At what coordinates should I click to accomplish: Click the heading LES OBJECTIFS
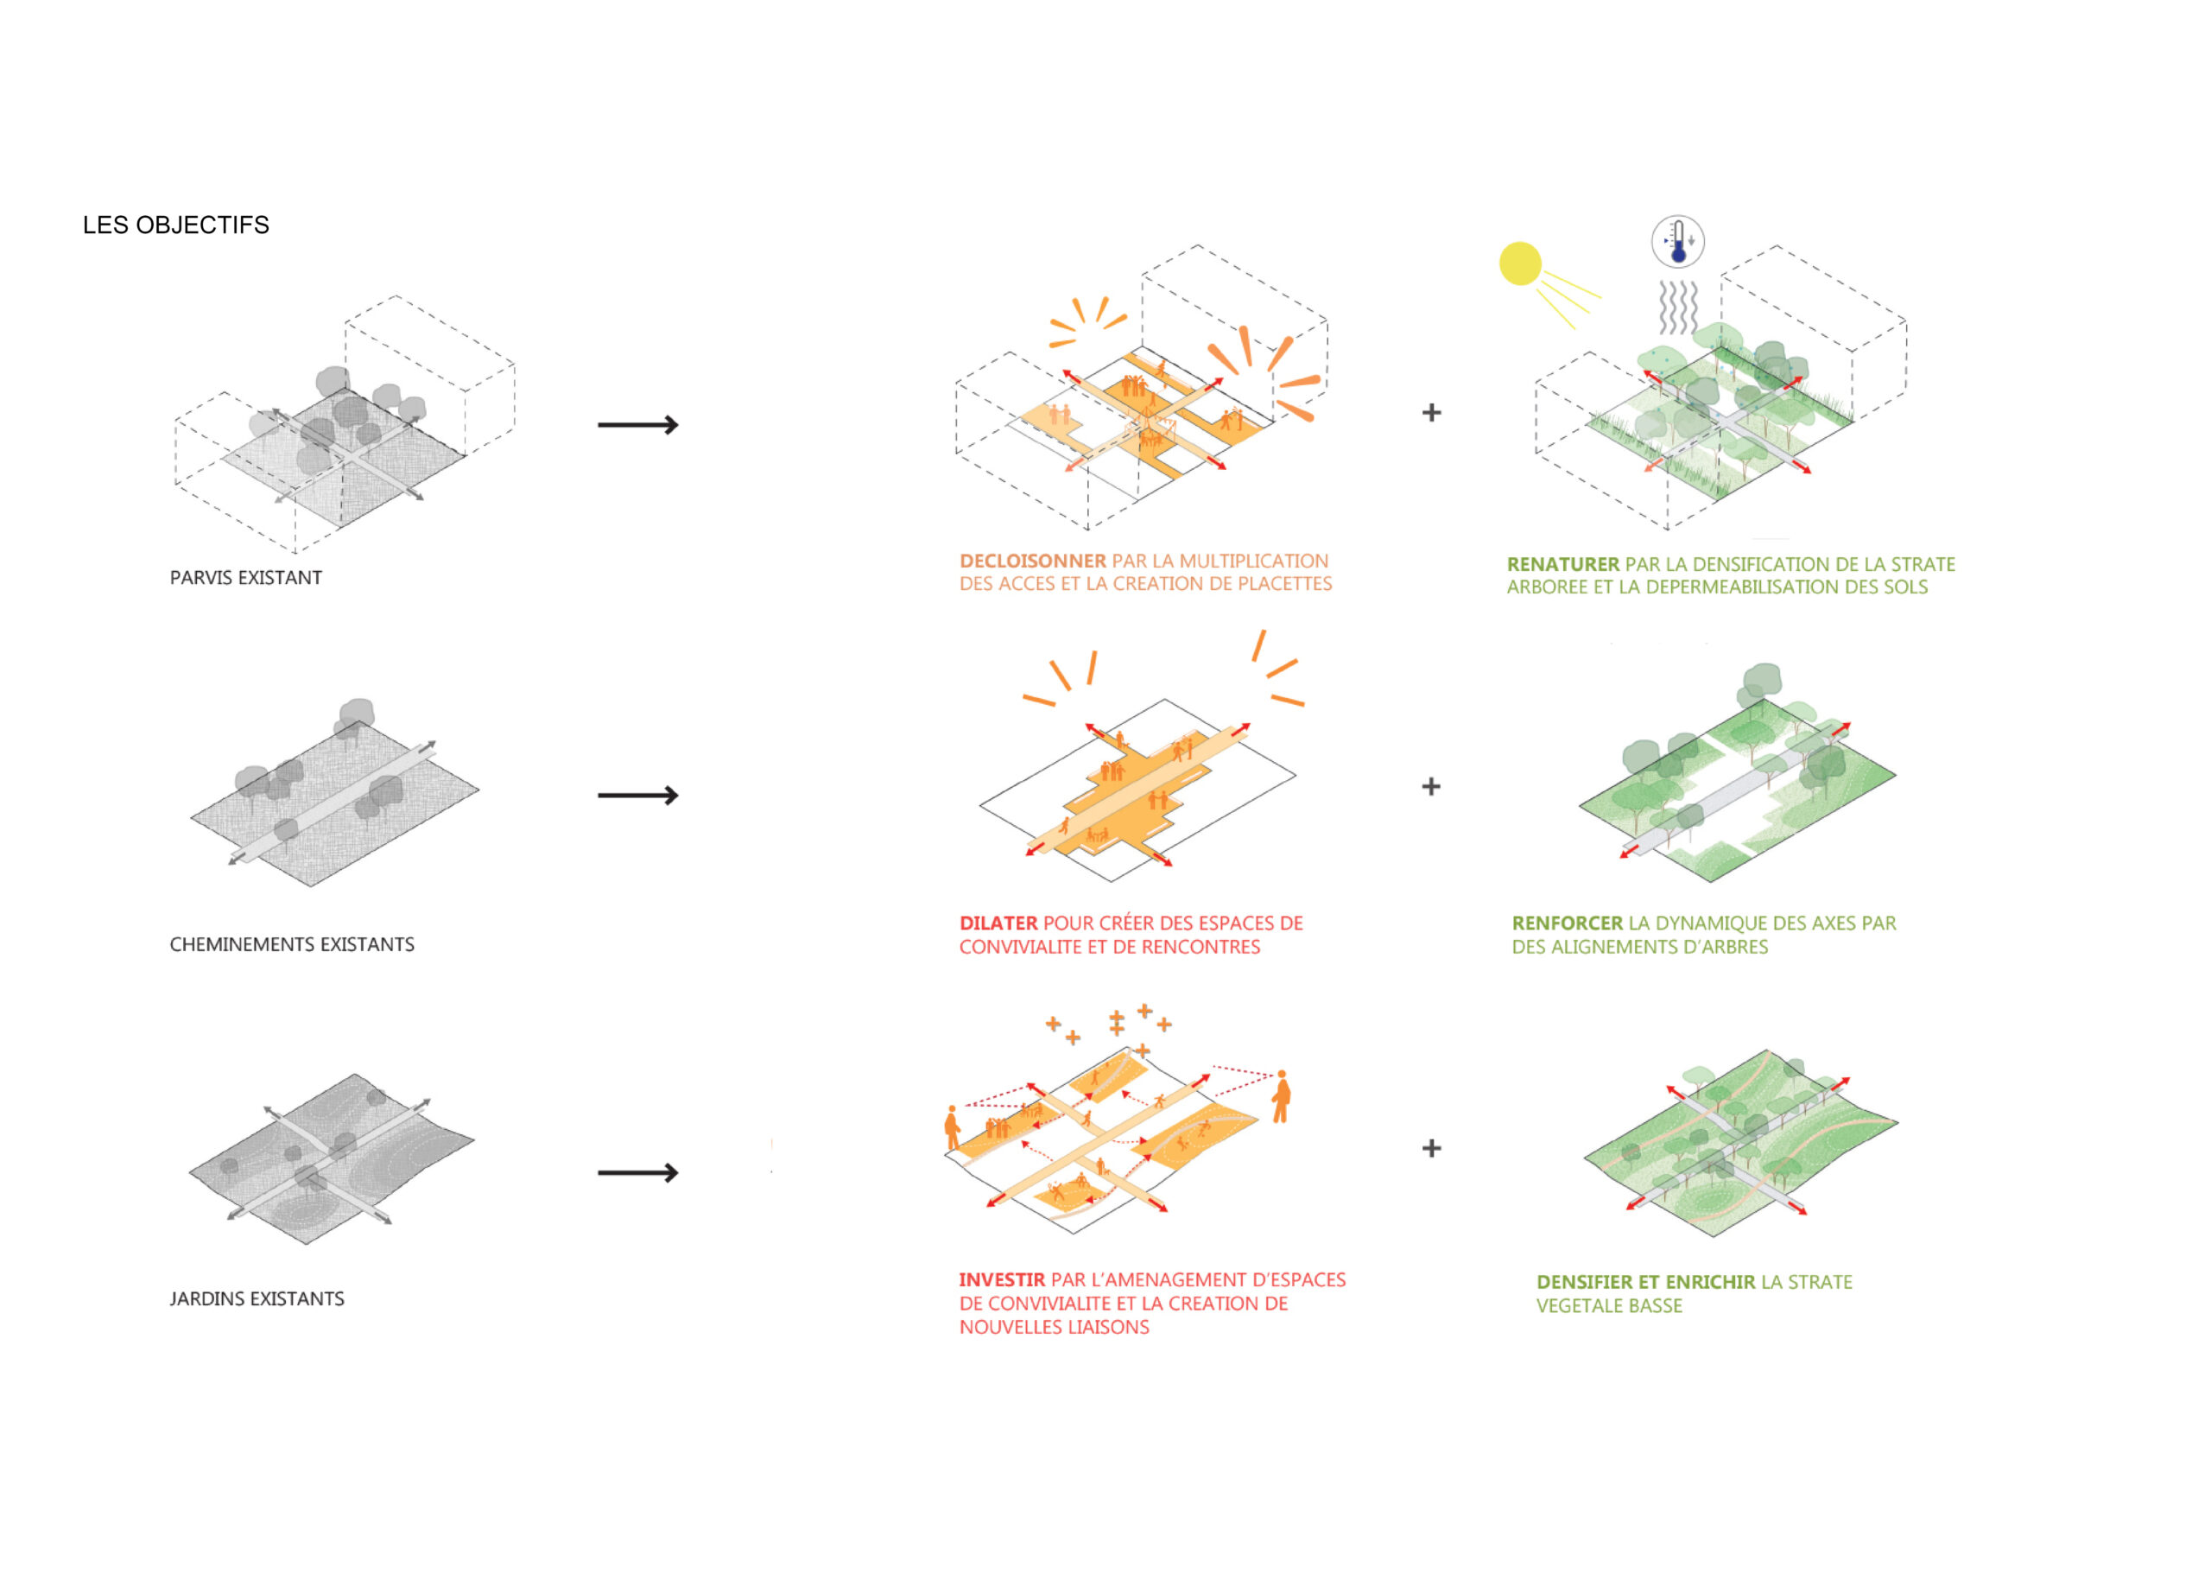coord(176,225)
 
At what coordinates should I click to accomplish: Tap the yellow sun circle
coord(1520,263)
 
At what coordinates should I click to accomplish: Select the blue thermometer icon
coord(1678,241)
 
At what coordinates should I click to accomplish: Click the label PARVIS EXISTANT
coord(246,578)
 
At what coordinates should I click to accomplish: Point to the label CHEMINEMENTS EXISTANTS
coord(292,945)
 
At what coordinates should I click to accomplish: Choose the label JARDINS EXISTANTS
coord(257,1299)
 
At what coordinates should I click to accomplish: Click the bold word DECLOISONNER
coord(1033,562)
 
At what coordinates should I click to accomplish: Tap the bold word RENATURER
coord(1563,564)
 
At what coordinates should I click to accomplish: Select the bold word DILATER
coord(999,923)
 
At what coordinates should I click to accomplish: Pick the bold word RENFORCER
coord(1567,923)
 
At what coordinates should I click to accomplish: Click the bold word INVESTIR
coord(1002,1280)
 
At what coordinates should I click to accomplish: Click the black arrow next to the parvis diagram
coord(638,425)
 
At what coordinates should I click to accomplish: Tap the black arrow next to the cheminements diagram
coord(638,796)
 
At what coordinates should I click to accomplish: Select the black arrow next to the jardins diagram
coord(638,1173)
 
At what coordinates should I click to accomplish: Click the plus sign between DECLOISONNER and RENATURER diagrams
coord(1432,413)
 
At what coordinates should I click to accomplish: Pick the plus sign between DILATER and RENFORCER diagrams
coord(1431,786)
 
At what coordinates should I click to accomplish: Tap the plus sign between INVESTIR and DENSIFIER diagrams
coord(1432,1149)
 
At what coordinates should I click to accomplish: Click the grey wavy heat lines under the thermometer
coord(1679,308)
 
